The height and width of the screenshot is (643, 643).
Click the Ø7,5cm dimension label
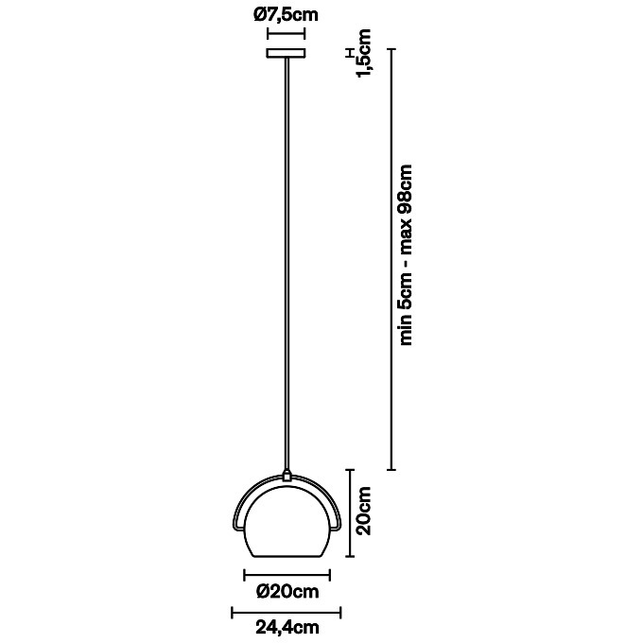[x=286, y=15]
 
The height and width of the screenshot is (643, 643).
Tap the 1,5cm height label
[x=364, y=53]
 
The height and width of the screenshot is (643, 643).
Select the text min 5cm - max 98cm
[x=405, y=254]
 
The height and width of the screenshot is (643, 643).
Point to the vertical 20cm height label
[x=364, y=511]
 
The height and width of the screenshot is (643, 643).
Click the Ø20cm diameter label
[x=287, y=591]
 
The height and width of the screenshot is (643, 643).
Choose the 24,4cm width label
[x=287, y=627]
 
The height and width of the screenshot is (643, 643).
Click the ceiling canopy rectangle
[x=287, y=53]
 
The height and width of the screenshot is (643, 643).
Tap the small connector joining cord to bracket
[x=287, y=476]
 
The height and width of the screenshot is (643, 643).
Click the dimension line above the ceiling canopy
[x=287, y=33]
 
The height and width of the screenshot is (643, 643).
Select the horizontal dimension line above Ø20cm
[x=287, y=575]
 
